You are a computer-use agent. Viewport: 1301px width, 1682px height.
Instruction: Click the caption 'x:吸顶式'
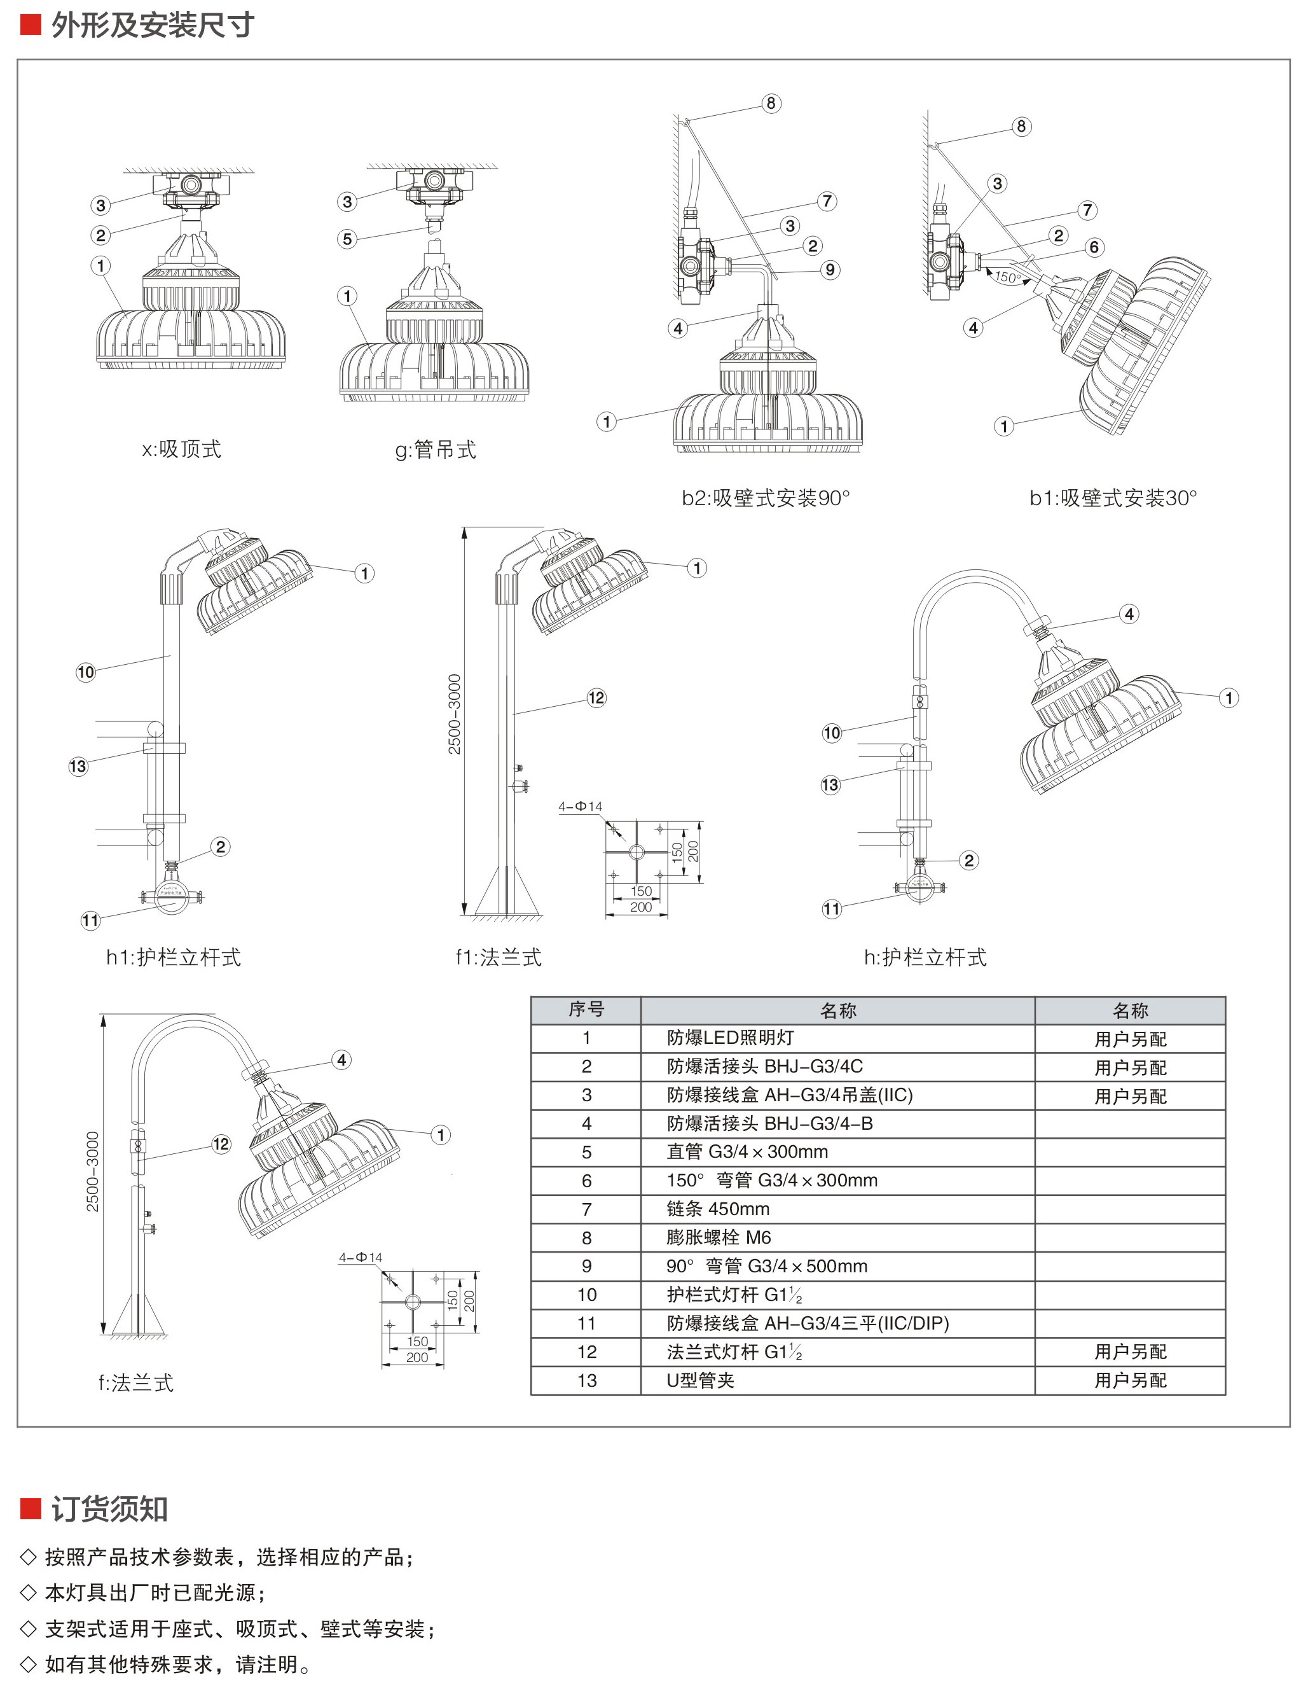click(182, 449)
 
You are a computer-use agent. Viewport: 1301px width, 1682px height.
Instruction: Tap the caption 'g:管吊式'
click(436, 450)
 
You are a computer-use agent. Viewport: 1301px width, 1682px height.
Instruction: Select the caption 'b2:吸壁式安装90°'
click(765, 498)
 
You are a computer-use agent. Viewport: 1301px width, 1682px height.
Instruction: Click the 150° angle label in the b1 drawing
click(1008, 277)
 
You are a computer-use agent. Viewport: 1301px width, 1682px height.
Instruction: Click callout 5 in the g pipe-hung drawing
click(347, 239)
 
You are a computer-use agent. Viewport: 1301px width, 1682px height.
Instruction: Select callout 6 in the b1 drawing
click(1094, 247)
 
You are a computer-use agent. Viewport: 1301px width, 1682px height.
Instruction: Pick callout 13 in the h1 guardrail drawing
click(78, 767)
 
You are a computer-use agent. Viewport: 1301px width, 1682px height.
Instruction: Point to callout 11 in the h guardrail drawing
click(832, 909)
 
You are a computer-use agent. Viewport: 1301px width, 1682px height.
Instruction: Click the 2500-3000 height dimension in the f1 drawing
click(454, 714)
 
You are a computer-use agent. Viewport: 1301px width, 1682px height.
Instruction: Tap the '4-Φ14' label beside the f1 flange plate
click(581, 807)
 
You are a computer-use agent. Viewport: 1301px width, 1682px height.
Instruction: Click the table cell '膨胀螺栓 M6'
click(719, 1237)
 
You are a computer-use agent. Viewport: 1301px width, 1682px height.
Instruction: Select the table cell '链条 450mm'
click(717, 1209)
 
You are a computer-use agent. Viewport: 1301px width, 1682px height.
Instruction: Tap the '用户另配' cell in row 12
click(1130, 1352)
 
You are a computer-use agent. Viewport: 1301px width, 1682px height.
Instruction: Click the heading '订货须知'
click(109, 1509)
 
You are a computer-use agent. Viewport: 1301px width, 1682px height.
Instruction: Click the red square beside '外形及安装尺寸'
click(30, 25)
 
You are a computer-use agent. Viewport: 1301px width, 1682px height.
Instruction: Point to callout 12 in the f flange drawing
click(221, 1144)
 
